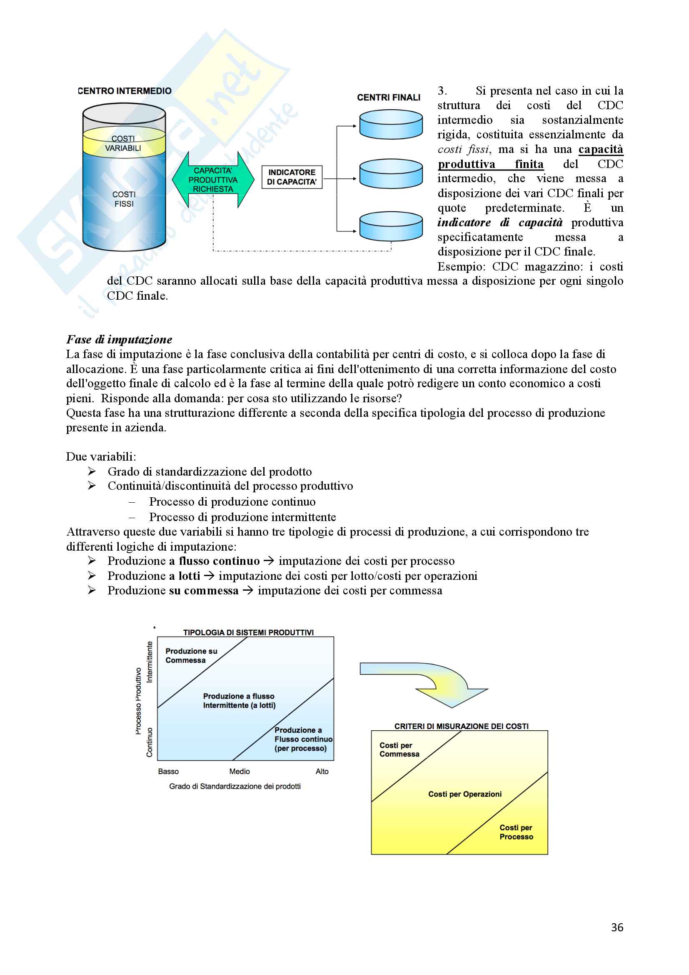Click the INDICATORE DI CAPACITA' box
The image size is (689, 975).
click(292, 177)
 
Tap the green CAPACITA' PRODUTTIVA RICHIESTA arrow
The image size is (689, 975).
click(213, 180)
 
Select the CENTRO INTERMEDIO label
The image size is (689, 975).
click(125, 91)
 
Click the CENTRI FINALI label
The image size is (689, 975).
click(389, 98)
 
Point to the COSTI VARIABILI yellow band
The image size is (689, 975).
click(123, 143)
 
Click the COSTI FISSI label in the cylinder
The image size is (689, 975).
click(124, 199)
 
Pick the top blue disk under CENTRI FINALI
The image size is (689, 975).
click(391, 124)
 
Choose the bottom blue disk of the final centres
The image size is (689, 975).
click(391, 226)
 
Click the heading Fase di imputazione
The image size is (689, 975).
click(119, 339)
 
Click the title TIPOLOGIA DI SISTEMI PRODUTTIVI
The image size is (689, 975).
click(248, 632)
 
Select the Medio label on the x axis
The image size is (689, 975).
click(239, 771)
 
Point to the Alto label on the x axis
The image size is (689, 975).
click(322, 771)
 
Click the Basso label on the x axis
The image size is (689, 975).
click(168, 771)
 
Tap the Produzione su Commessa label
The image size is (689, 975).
click(191, 656)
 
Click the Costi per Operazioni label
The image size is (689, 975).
click(464, 794)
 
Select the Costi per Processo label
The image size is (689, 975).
click(516, 832)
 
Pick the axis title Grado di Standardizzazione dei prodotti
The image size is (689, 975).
click(235, 787)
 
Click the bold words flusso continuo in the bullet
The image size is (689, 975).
click(219, 561)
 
